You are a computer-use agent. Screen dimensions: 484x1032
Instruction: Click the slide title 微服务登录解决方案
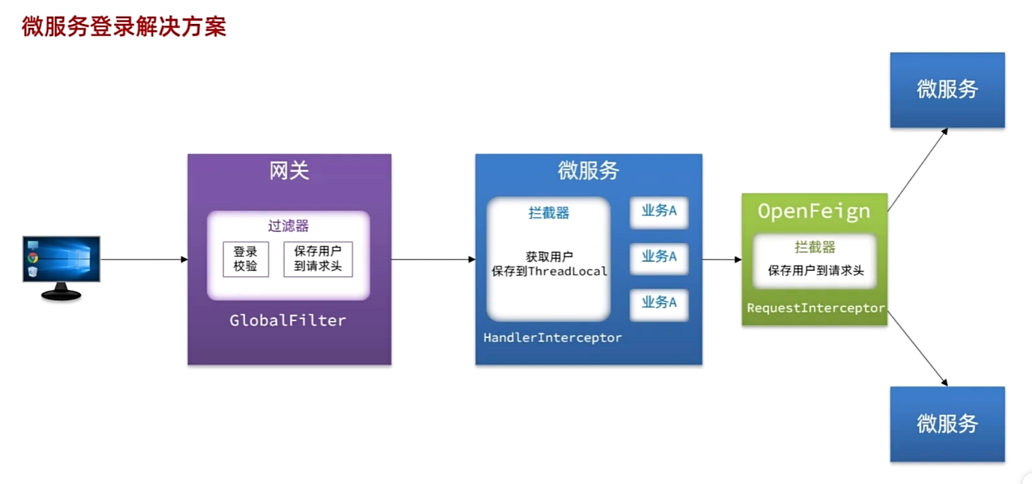pos(124,26)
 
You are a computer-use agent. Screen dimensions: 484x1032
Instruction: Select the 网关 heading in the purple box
pos(289,171)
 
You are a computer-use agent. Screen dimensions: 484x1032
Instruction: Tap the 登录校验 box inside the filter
pos(245,259)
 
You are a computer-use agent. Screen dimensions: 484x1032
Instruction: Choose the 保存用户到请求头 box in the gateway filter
pos(318,259)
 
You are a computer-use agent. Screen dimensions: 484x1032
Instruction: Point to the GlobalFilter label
pos(288,320)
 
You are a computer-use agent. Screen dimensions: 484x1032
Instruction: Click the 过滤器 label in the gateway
pos(289,226)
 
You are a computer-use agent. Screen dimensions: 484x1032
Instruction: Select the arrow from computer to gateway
pos(144,260)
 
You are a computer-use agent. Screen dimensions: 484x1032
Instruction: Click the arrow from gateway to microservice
pos(433,260)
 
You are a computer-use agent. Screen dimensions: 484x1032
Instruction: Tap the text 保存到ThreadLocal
pos(549,272)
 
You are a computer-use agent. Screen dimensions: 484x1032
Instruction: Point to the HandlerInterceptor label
pos(552,338)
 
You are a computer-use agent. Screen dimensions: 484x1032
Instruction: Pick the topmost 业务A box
pos(659,212)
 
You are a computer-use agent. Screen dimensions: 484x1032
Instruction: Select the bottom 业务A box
pos(659,303)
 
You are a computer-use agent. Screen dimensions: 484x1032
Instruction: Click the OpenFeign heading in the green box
pos(814,212)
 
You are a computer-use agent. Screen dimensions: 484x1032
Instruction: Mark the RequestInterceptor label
pos(815,308)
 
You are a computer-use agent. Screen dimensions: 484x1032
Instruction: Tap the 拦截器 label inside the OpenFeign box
pos(815,247)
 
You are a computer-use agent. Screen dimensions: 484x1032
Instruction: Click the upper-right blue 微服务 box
pos(947,90)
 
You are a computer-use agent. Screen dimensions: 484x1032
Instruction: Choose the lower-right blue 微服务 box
pos(947,424)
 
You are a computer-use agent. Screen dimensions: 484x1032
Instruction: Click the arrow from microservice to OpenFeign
pos(722,260)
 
